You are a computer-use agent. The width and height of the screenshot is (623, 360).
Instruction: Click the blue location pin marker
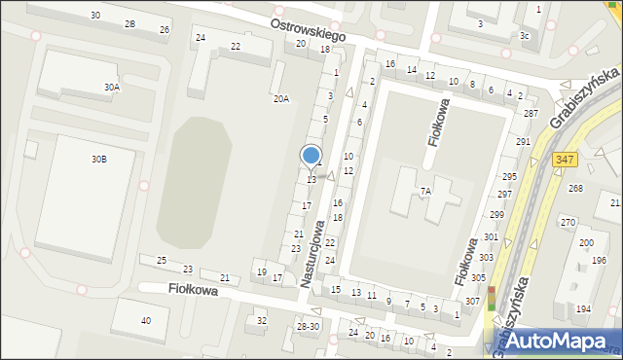point(311,156)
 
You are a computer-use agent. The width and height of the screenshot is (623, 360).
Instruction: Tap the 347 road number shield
point(565,159)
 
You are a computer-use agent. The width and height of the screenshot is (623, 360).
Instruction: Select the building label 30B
point(99,159)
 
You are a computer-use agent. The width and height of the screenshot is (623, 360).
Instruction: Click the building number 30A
point(113,87)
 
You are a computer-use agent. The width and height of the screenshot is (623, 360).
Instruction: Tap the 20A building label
point(280,98)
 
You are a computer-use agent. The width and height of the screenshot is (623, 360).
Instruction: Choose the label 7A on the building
point(425,192)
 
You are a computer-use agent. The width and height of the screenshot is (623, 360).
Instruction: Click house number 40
point(146,320)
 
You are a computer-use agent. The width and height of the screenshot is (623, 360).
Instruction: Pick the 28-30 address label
point(309,326)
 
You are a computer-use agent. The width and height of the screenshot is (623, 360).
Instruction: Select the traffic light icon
point(492,296)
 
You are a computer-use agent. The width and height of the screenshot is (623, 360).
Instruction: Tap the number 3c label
point(525,36)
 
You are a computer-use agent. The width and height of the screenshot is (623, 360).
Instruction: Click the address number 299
point(496,214)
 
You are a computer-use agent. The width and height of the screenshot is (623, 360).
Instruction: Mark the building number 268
point(575,189)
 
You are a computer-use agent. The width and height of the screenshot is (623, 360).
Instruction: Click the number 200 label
point(586,242)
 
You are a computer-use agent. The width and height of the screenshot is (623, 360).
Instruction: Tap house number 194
point(583,308)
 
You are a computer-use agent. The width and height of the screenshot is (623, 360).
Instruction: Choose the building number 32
point(261,320)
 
